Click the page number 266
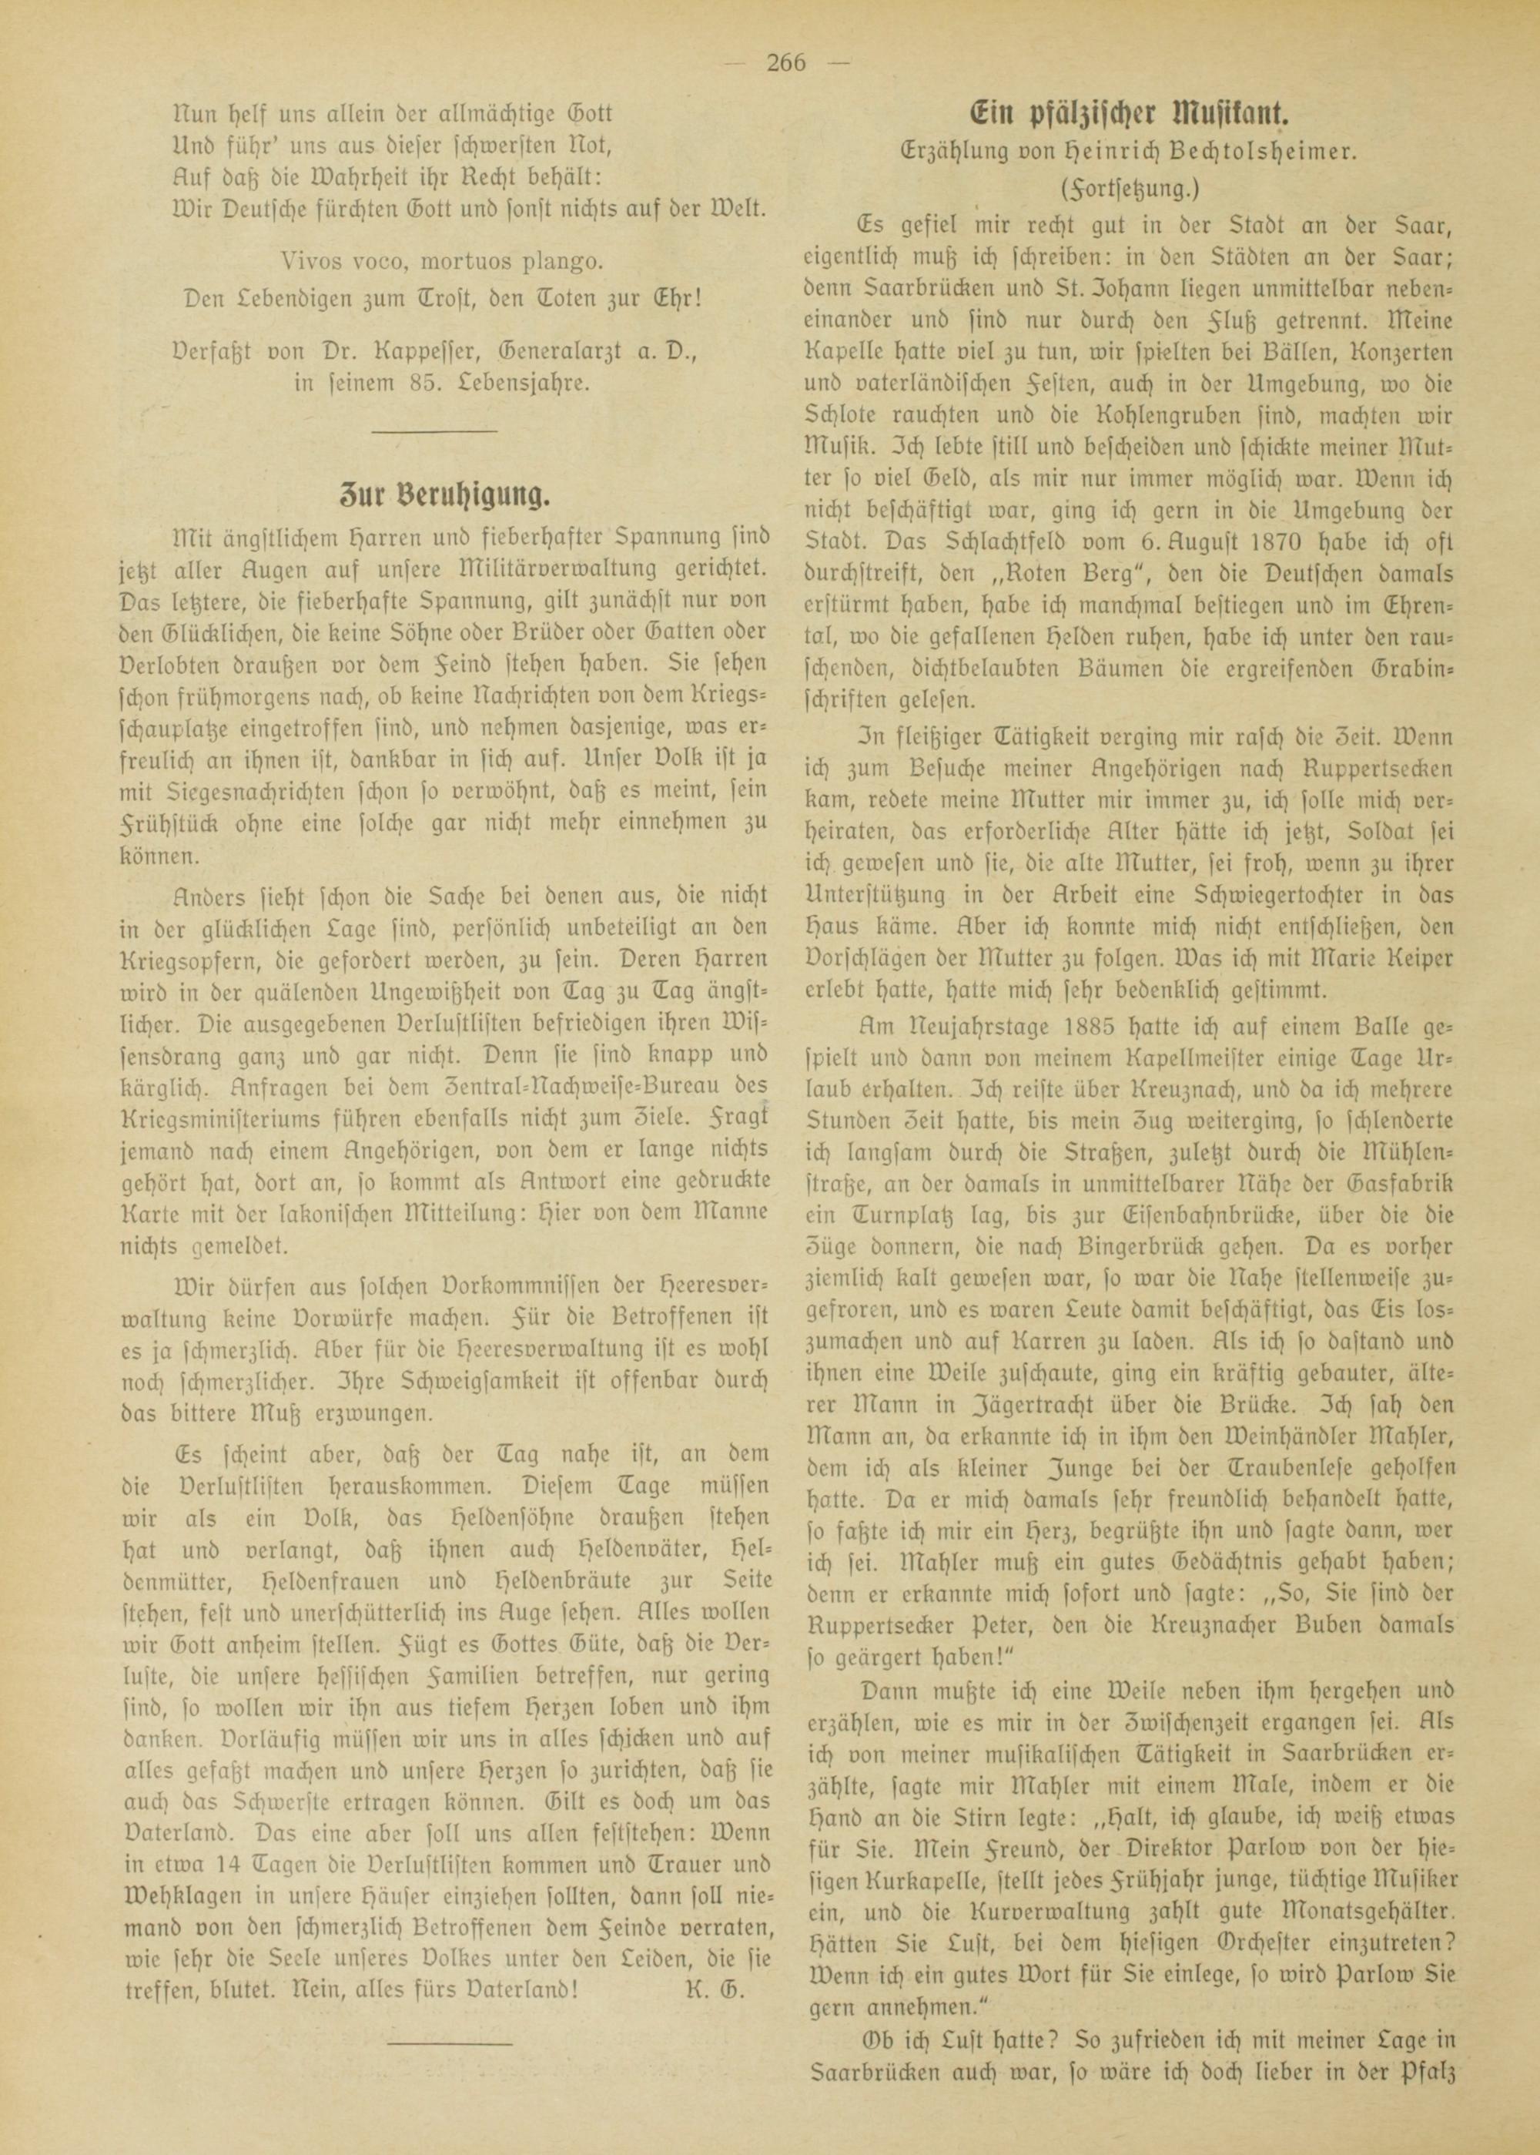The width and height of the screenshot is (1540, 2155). click(x=784, y=64)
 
